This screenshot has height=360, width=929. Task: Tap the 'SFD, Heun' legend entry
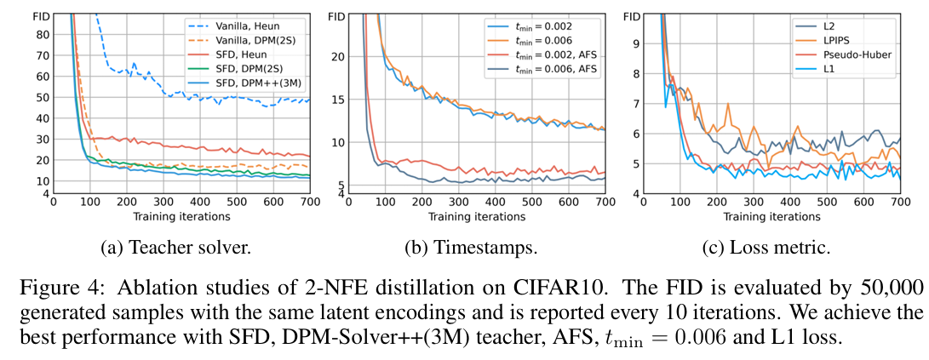coord(227,54)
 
